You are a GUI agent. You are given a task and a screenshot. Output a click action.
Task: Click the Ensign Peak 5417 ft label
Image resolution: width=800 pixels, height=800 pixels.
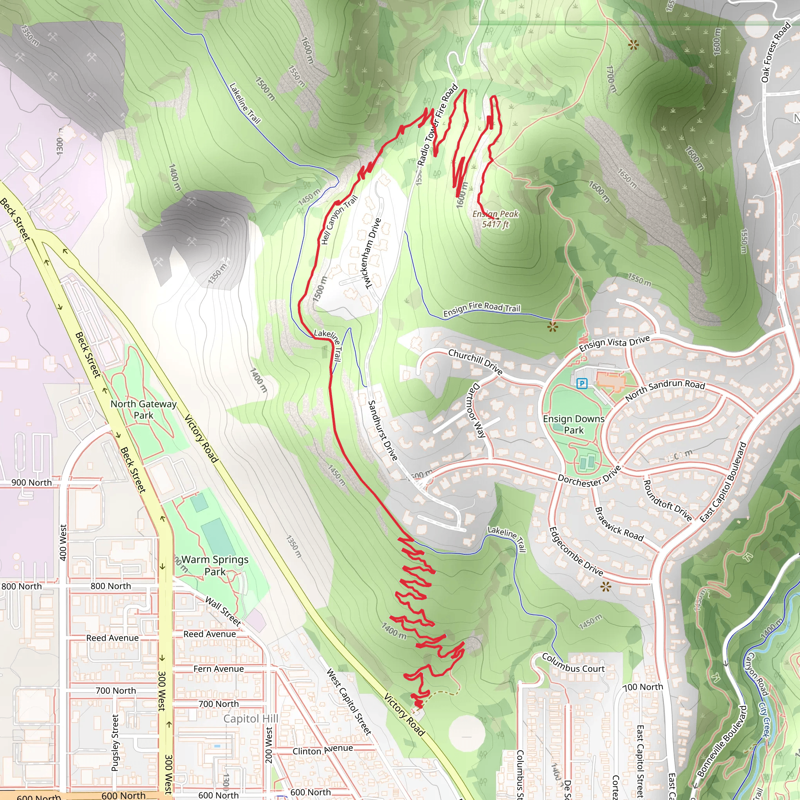pos(495,219)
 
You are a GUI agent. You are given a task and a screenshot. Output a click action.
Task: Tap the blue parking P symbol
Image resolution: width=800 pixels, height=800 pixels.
pos(582,383)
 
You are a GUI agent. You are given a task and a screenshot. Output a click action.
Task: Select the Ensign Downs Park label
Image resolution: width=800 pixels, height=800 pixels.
pos(573,425)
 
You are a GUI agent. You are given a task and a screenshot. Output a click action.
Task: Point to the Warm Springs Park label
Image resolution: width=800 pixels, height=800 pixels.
pos(215,565)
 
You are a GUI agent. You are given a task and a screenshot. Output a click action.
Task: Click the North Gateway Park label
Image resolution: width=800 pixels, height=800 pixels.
pos(143,409)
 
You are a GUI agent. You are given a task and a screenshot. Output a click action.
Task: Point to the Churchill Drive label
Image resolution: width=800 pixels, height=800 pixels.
pos(475,361)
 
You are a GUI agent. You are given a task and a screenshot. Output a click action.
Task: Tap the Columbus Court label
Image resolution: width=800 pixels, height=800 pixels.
pos(573,663)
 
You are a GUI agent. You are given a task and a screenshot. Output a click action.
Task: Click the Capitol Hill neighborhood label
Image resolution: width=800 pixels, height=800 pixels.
pos(250,718)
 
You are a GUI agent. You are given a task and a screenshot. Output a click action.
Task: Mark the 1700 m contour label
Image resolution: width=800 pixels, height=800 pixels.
pos(611,79)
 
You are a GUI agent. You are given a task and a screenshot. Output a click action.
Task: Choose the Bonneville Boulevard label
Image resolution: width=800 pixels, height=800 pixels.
pos(722,741)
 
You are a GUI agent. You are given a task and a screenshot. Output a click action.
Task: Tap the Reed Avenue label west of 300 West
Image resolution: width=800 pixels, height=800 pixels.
pos(112,637)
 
